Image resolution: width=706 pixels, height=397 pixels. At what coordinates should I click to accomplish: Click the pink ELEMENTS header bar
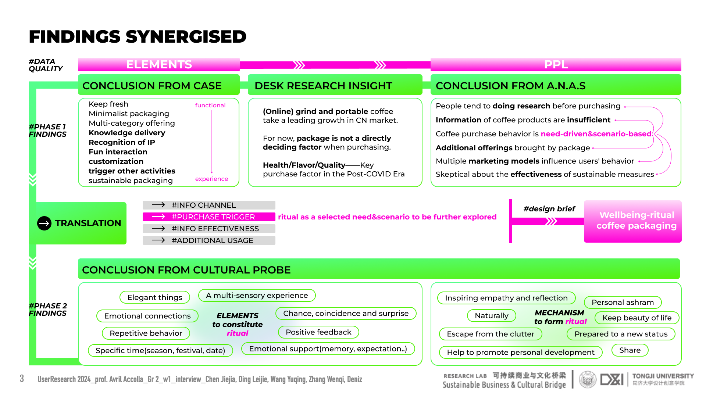coord(159,64)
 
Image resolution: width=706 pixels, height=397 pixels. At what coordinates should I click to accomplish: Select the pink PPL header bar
coord(556,64)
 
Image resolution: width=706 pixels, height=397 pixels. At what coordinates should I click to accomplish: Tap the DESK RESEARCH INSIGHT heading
coord(323,86)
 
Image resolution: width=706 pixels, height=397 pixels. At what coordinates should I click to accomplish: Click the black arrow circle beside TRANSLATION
coord(44,223)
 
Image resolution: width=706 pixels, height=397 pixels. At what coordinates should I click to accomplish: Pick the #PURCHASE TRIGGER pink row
coord(209,217)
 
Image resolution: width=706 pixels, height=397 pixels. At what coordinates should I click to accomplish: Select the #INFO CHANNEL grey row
coord(209,205)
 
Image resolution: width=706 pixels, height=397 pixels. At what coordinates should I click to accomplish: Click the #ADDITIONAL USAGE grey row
coord(209,240)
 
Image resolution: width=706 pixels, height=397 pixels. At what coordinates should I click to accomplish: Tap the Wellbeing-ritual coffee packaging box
coord(632,221)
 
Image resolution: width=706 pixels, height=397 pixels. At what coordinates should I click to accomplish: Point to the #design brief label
coord(549,209)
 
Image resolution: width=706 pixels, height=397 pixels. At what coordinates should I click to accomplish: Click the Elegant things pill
coord(155,297)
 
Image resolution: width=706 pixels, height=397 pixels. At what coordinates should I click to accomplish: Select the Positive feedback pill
coord(318,332)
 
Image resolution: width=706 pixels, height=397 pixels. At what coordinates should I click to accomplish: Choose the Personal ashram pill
coord(623,303)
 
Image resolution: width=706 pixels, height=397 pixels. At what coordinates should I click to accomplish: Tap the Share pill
coord(630,350)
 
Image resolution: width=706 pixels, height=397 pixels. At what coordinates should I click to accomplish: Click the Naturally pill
coord(491,316)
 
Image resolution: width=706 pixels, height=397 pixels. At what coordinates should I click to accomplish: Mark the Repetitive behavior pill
coord(146,333)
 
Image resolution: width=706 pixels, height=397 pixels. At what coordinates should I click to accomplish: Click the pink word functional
coord(210,105)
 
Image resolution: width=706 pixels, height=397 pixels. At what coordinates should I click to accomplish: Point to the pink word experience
coord(211,179)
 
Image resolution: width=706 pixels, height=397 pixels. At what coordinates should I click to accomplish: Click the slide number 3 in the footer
coord(22,379)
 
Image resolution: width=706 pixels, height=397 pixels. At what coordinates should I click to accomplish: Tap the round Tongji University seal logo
coord(588,380)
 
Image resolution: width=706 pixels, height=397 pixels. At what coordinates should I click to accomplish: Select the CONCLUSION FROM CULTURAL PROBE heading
coord(186,270)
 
